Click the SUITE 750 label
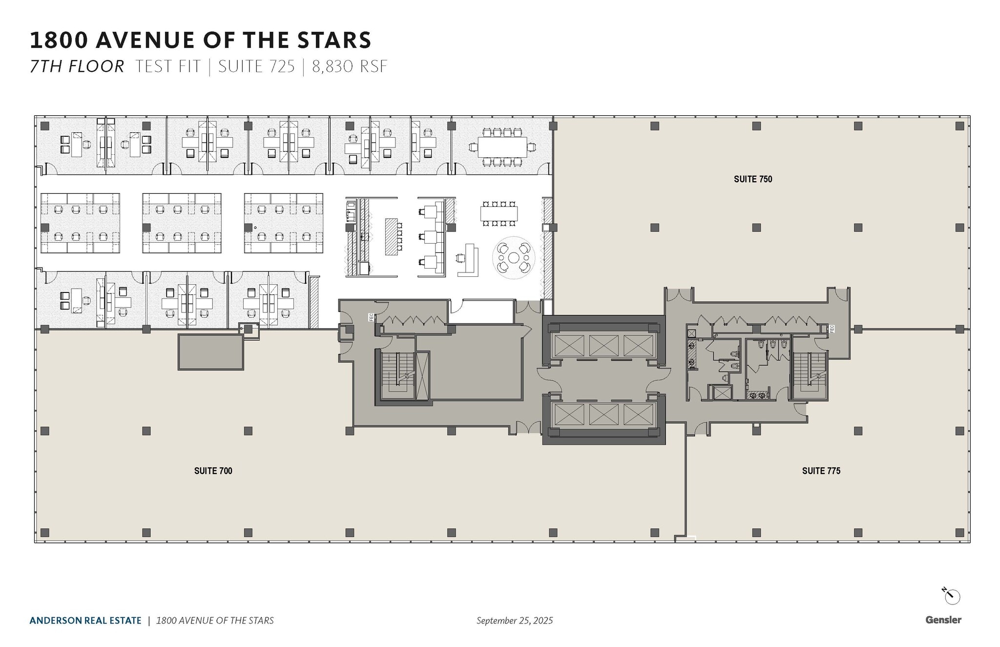tap(752, 179)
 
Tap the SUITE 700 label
tap(213, 471)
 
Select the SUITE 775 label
tap(821, 471)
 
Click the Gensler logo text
tap(943, 620)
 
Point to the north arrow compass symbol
tap(951, 596)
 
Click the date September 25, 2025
tap(515, 621)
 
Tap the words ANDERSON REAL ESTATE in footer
tap(85, 621)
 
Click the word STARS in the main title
tap(332, 40)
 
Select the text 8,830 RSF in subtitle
tap(350, 66)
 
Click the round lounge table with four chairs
tap(513, 257)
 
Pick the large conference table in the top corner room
tap(502, 147)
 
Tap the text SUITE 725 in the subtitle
tap(256, 66)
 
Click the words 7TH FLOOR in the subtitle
tap(77, 66)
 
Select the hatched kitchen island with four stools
tap(391, 236)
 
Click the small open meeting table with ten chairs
tap(499, 213)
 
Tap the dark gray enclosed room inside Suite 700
tap(210, 352)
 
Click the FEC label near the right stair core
tap(831, 329)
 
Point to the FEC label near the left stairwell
tap(371, 317)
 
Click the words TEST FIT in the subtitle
tap(167, 66)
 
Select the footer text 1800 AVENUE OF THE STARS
tap(215, 621)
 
